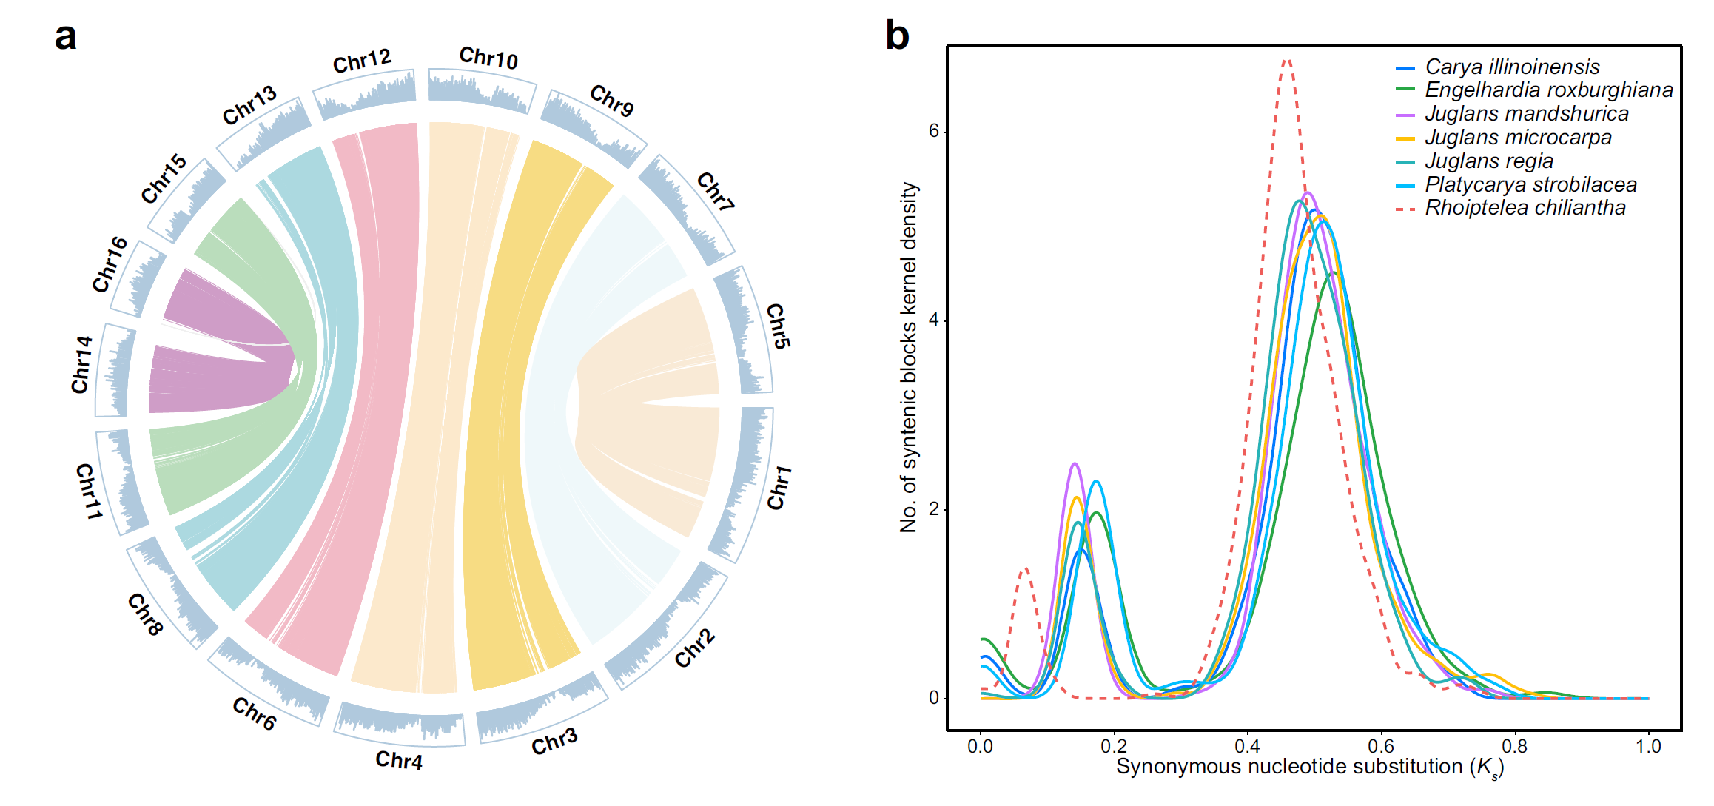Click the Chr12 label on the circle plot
click(x=362, y=61)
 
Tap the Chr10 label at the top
click(x=488, y=58)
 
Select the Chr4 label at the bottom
click(x=399, y=760)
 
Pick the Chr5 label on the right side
click(x=778, y=326)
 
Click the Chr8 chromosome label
click(x=145, y=614)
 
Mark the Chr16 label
click(x=110, y=264)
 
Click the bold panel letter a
click(x=66, y=36)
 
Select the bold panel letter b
click(x=897, y=36)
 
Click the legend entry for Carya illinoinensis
click(x=1512, y=67)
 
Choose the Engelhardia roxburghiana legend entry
click(x=1548, y=90)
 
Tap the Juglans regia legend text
click(x=1488, y=161)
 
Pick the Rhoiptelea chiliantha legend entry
click(x=1525, y=208)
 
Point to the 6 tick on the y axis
click(x=933, y=131)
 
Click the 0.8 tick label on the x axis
click(x=1515, y=746)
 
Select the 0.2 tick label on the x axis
click(x=1114, y=746)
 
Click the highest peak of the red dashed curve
click(x=1287, y=61)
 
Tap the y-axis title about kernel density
click(x=909, y=357)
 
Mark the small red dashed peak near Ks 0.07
click(x=1025, y=569)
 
